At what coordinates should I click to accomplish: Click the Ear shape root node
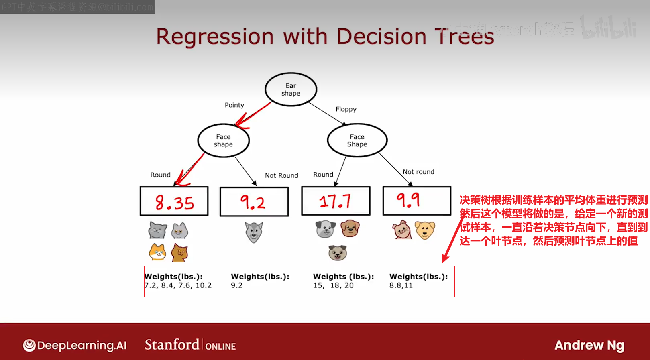291,89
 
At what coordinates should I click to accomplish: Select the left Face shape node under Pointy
223,140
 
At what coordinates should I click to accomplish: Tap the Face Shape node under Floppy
357,140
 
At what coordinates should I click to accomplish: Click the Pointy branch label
234,105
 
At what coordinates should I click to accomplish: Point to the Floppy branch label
346,109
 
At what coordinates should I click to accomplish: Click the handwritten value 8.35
175,203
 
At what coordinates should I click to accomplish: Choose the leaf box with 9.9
416,201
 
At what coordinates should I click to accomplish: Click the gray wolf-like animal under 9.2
254,232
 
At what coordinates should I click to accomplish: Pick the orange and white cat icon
157,252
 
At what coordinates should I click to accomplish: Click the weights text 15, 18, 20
333,285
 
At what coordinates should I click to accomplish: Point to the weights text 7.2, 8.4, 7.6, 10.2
178,285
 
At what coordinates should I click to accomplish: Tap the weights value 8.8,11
401,285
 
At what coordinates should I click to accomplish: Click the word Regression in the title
215,37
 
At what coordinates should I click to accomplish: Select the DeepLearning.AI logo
75,345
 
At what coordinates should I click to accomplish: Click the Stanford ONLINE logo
190,345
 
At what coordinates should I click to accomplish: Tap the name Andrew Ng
589,345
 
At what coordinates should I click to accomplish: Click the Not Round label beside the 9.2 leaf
281,175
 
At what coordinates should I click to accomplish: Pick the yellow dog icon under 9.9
425,230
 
